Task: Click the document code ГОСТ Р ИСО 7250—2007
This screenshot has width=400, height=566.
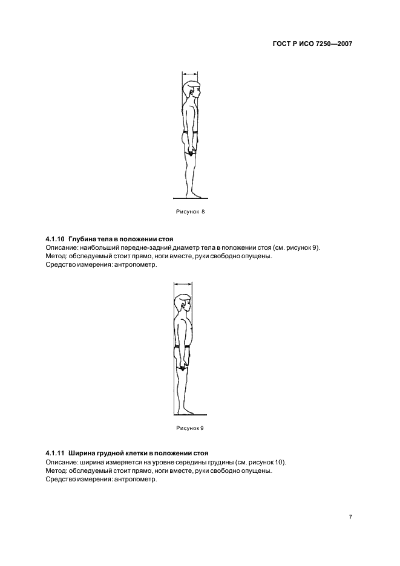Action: tap(312, 44)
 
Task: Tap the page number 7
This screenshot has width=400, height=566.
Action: tap(350, 517)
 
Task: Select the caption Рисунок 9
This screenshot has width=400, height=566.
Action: tap(190, 428)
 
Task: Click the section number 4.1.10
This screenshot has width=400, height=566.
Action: tap(55, 239)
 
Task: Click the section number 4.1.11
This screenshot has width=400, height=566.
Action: tap(55, 453)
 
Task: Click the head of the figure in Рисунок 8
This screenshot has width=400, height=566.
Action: tap(192, 91)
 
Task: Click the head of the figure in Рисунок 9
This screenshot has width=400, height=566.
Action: tap(183, 305)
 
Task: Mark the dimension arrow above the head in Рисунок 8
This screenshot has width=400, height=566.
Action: tap(189, 73)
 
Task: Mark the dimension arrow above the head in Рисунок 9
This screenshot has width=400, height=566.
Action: tap(182, 283)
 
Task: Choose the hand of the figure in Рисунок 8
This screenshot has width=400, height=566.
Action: tap(191, 151)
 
